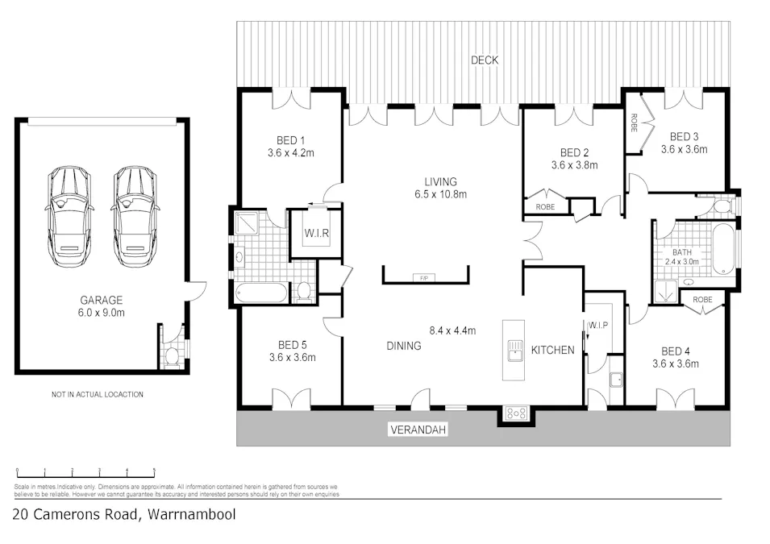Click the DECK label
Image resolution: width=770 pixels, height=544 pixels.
485,60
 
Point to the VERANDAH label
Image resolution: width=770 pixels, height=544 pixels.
418,430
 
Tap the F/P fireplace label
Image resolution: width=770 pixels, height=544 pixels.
424,278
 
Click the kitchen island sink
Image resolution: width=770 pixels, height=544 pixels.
513,350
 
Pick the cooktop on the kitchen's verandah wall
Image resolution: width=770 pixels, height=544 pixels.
515,413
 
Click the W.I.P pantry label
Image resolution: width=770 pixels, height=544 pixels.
598,326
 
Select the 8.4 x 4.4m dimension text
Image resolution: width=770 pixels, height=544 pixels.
452,330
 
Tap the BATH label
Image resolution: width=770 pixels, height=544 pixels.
681,252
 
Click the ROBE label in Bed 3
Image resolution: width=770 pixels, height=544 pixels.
634,123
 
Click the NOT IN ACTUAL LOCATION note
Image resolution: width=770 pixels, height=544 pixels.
97,395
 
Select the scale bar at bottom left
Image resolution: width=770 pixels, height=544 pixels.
85,470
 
